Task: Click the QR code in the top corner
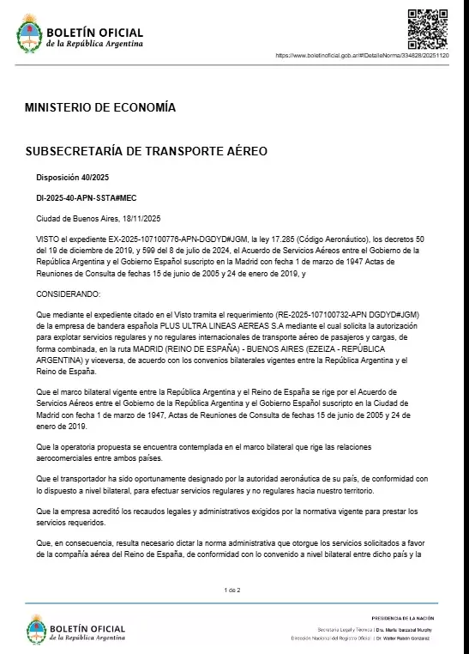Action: click(x=427, y=27)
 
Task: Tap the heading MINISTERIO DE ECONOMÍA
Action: click(x=100, y=108)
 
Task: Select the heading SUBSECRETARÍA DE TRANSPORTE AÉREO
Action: click(x=146, y=151)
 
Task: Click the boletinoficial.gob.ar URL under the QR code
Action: click(x=368, y=55)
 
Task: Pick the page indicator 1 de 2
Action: click(x=232, y=590)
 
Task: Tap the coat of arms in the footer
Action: click(x=36, y=630)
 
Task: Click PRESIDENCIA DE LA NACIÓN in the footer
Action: click(x=402, y=618)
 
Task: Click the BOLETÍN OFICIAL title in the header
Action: click(x=95, y=32)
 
